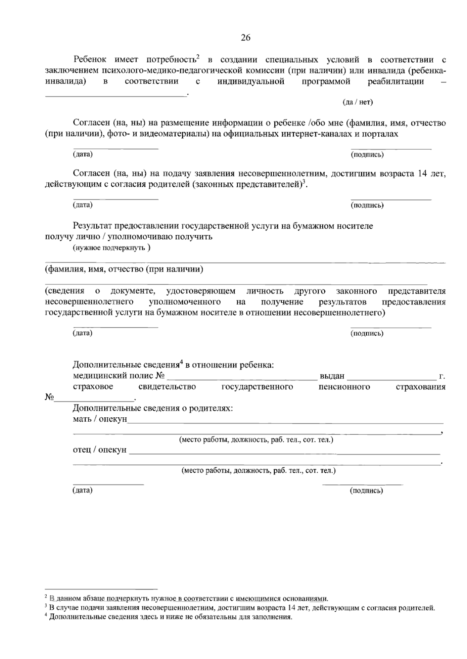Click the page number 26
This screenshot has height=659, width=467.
click(x=246, y=38)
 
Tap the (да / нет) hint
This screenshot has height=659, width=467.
click(x=357, y=102)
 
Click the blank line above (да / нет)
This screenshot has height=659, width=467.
click(x=116, y=94)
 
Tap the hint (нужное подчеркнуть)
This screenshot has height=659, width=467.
click(x=112, y=248)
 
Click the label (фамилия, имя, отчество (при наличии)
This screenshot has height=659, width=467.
click(x=124, y=269)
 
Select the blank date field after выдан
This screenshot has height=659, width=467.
click(x=392, y=378)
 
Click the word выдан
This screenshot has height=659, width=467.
click(x=332, y=376)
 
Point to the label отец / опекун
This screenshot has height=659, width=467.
click(x=100, y=450)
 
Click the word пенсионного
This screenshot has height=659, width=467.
click(x=344, y=387)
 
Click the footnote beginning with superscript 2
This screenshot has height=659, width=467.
click(x=186, y=599)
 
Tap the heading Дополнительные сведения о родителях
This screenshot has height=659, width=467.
click(x=153, y=408)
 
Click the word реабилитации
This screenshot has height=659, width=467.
click(x=395, y=82)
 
